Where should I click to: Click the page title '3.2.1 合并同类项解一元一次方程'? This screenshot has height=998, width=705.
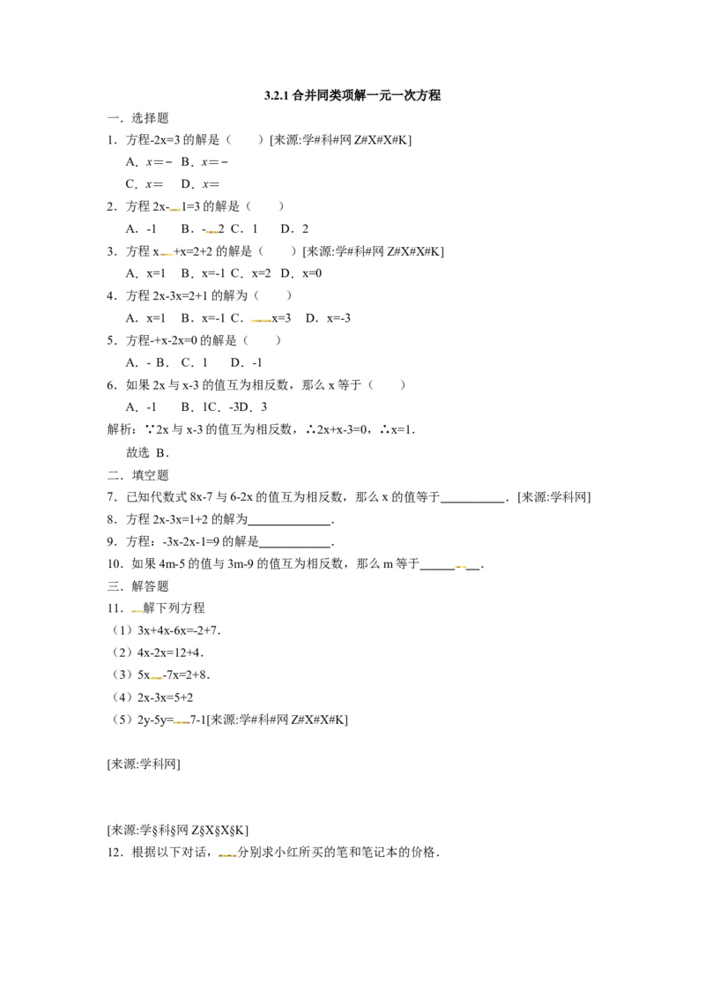point(352,95)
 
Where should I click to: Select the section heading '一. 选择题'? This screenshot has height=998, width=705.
point(138,118)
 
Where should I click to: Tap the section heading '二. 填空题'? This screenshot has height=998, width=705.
point(138,475)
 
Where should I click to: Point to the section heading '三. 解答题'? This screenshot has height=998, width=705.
point(138,586)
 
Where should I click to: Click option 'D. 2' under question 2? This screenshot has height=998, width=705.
point(294,228)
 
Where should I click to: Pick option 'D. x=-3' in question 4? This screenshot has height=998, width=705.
point(329,317)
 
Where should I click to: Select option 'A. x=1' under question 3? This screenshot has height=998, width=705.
point(145,273)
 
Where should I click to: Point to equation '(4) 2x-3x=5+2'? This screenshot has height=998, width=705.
point(152,697)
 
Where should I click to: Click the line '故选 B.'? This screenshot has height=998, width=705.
point(148,452)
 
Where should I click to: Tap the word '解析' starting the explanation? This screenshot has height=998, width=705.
point(119,429)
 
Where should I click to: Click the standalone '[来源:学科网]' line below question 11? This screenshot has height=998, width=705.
point(144,763)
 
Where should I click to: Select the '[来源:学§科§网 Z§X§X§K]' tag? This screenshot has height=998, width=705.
point(177,830)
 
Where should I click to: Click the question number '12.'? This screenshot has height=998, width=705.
point(115,853)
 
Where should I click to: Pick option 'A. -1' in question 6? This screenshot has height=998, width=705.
point(141,406)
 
